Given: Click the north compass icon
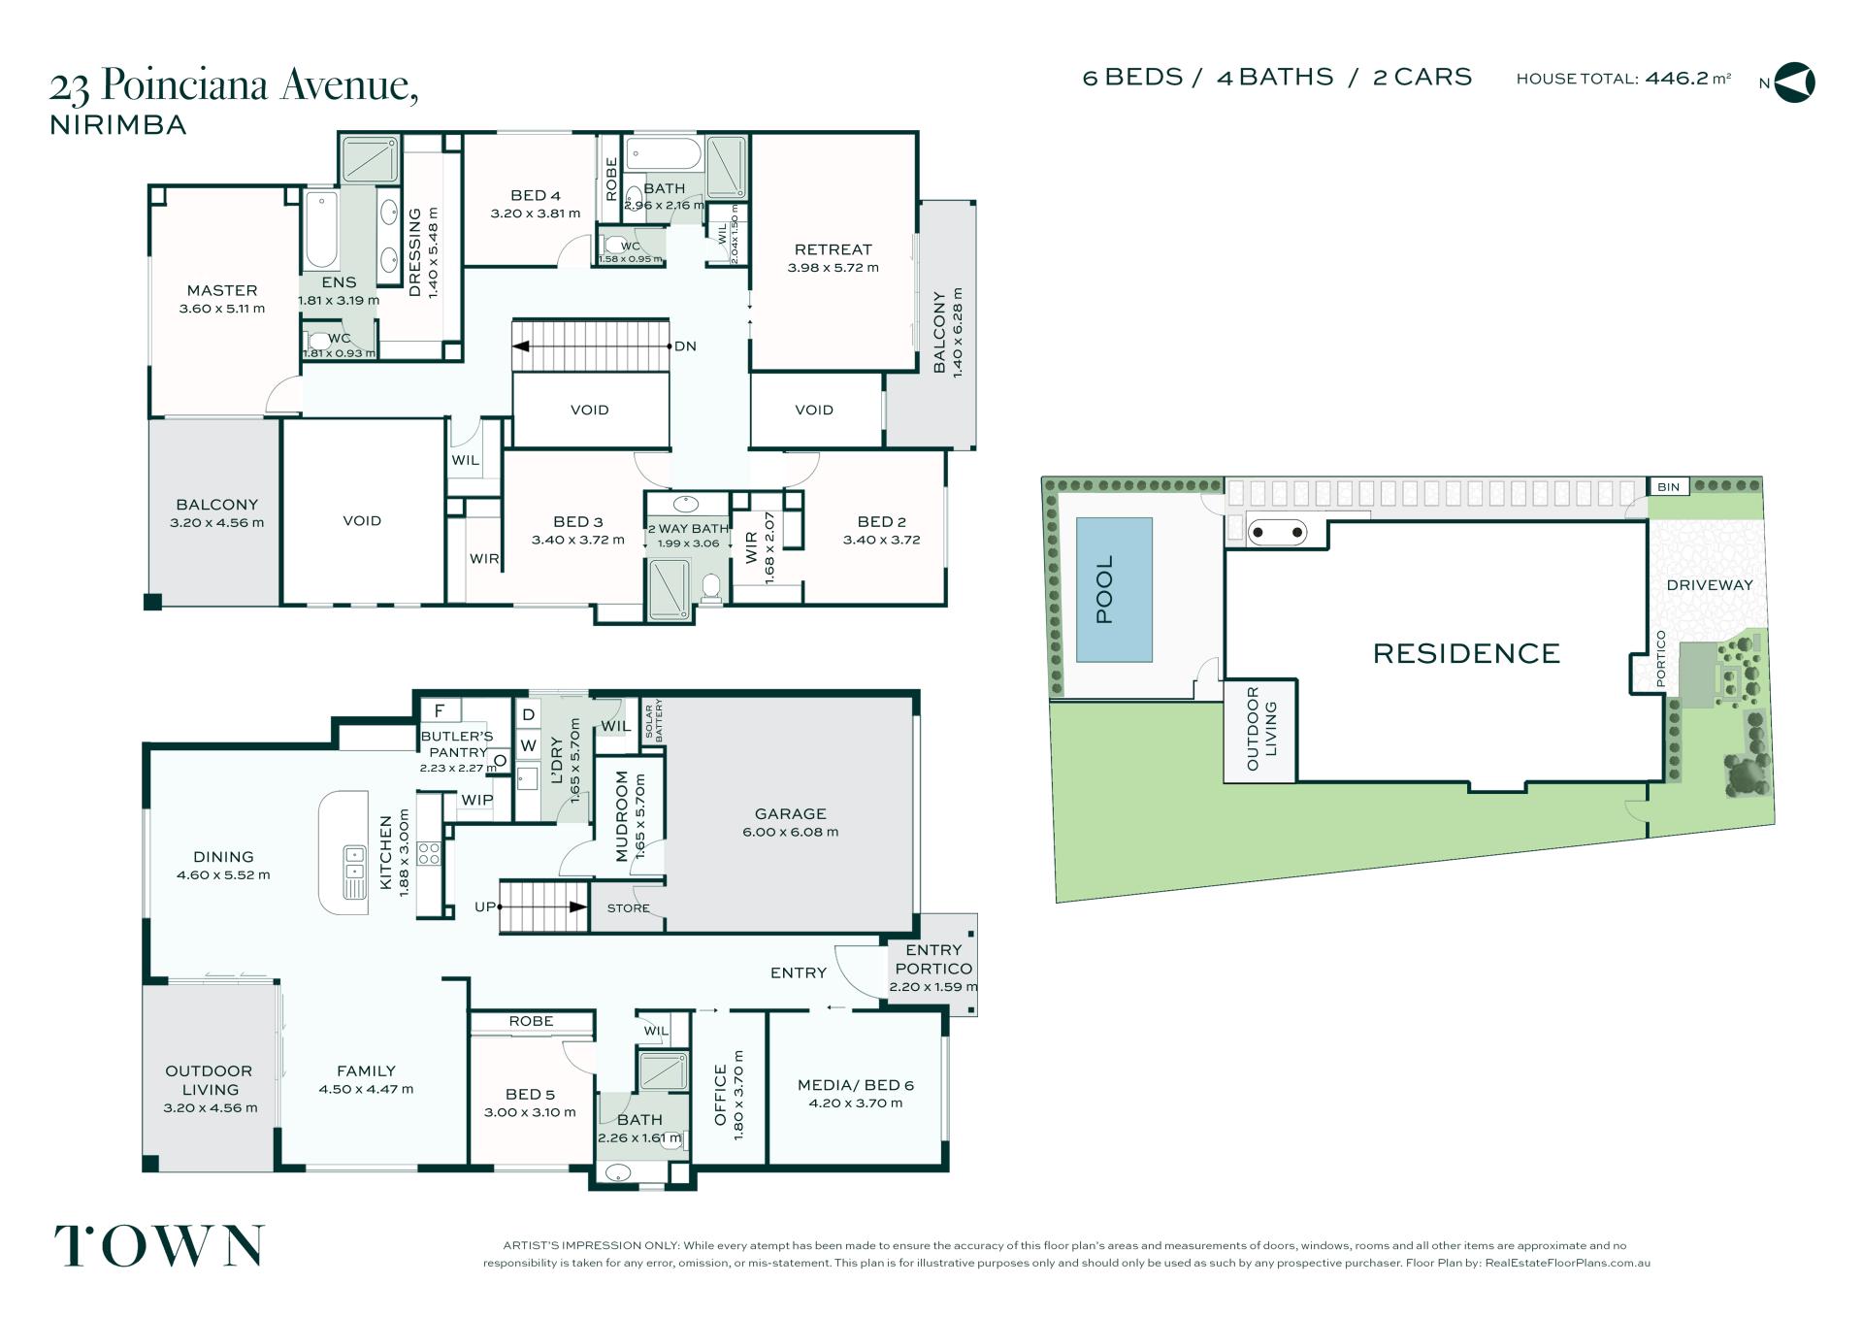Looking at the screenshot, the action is (x=1794, y=82).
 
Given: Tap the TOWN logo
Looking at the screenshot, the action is (x=159, y=1246).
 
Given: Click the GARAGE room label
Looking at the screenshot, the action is (x=790, y=813).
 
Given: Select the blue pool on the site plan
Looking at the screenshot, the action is (x=1114, y=590).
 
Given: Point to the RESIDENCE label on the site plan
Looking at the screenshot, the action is (x=1466, y=653).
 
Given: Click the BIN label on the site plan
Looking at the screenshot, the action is (x=1668, y=487).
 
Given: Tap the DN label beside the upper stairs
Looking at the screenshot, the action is (x=685, y=346).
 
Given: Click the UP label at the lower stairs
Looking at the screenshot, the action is (x=485, y=906).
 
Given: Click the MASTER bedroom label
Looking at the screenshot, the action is (x=222, y=290).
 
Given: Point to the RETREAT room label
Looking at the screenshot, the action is (x=833, y=249).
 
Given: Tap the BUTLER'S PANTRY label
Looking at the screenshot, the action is (x=457, y=743).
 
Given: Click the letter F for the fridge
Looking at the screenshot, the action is (x=440, y=711).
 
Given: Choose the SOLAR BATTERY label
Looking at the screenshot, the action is (x=653, y=720).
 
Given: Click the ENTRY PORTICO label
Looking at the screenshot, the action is (x=932, y=959).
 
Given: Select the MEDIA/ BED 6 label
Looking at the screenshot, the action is (x=855, y=1085).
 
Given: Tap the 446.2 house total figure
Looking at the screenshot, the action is (x=1677, y=78).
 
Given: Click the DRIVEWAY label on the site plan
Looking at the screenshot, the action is (x=1710, y=584).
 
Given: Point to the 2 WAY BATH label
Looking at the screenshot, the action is (x=688, y=529).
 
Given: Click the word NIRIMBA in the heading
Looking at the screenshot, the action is (x=117, y=125).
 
